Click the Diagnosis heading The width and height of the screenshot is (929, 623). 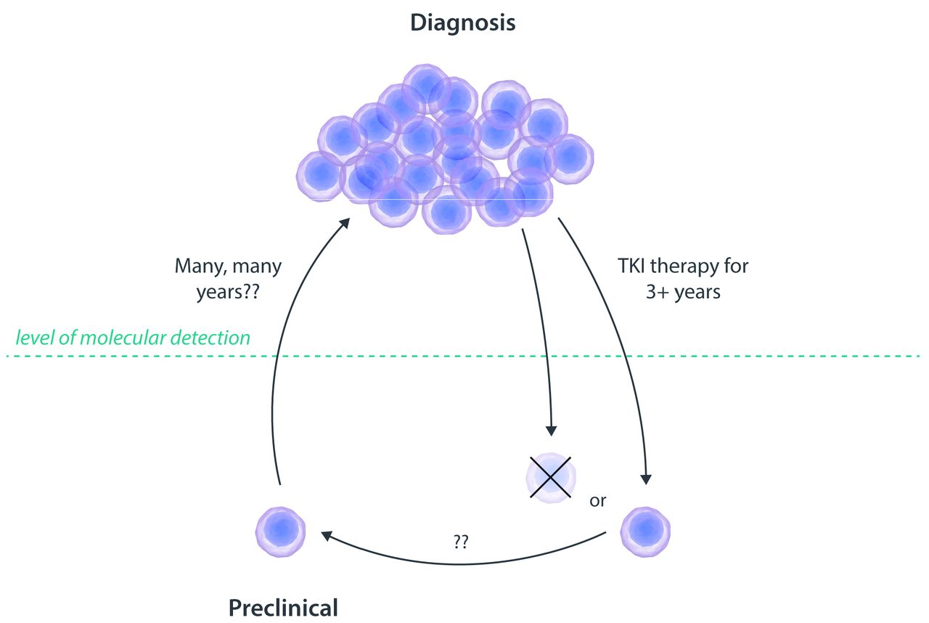pos(463,23)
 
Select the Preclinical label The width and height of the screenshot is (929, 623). pos(284,606)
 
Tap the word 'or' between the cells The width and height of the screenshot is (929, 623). pos(598,501)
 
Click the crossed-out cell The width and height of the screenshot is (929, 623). pos(551,477)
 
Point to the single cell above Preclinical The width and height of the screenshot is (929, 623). pos(280,531)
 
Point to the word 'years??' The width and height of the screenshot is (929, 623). pos(228,293)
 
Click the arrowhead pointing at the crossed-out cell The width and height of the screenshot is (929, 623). pos(551,430)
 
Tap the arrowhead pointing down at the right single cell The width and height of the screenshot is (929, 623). pos(645,478)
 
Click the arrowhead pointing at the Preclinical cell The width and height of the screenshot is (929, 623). pos(327,535)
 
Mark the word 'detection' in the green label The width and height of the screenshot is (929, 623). pos(216,337)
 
